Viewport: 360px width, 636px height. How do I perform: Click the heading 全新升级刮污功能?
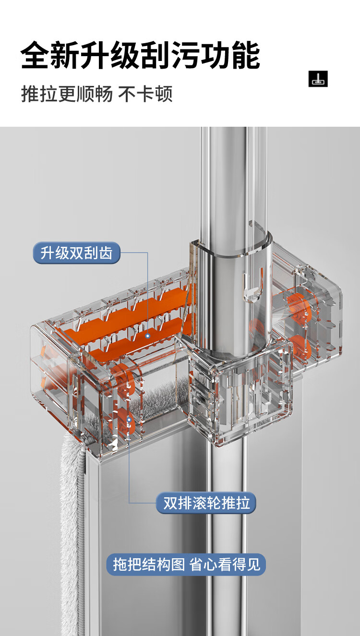[x=140, y=55]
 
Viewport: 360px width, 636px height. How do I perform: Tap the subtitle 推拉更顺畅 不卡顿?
[x=97, y=94]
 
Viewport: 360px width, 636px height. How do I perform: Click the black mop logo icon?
[x=318, y=79]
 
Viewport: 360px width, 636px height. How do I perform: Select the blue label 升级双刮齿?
[x=77, y=252]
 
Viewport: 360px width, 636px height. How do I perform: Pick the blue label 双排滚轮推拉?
[x=206, y=503]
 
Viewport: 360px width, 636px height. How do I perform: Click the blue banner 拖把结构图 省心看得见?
[x=186, y=564]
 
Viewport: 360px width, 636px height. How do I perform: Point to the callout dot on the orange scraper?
[x=148, y=336]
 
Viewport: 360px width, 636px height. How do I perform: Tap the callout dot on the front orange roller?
[x=129, y=420]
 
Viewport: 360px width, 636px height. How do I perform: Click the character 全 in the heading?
[x=35, y=55]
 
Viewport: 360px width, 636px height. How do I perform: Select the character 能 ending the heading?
[x=246, y=55]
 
